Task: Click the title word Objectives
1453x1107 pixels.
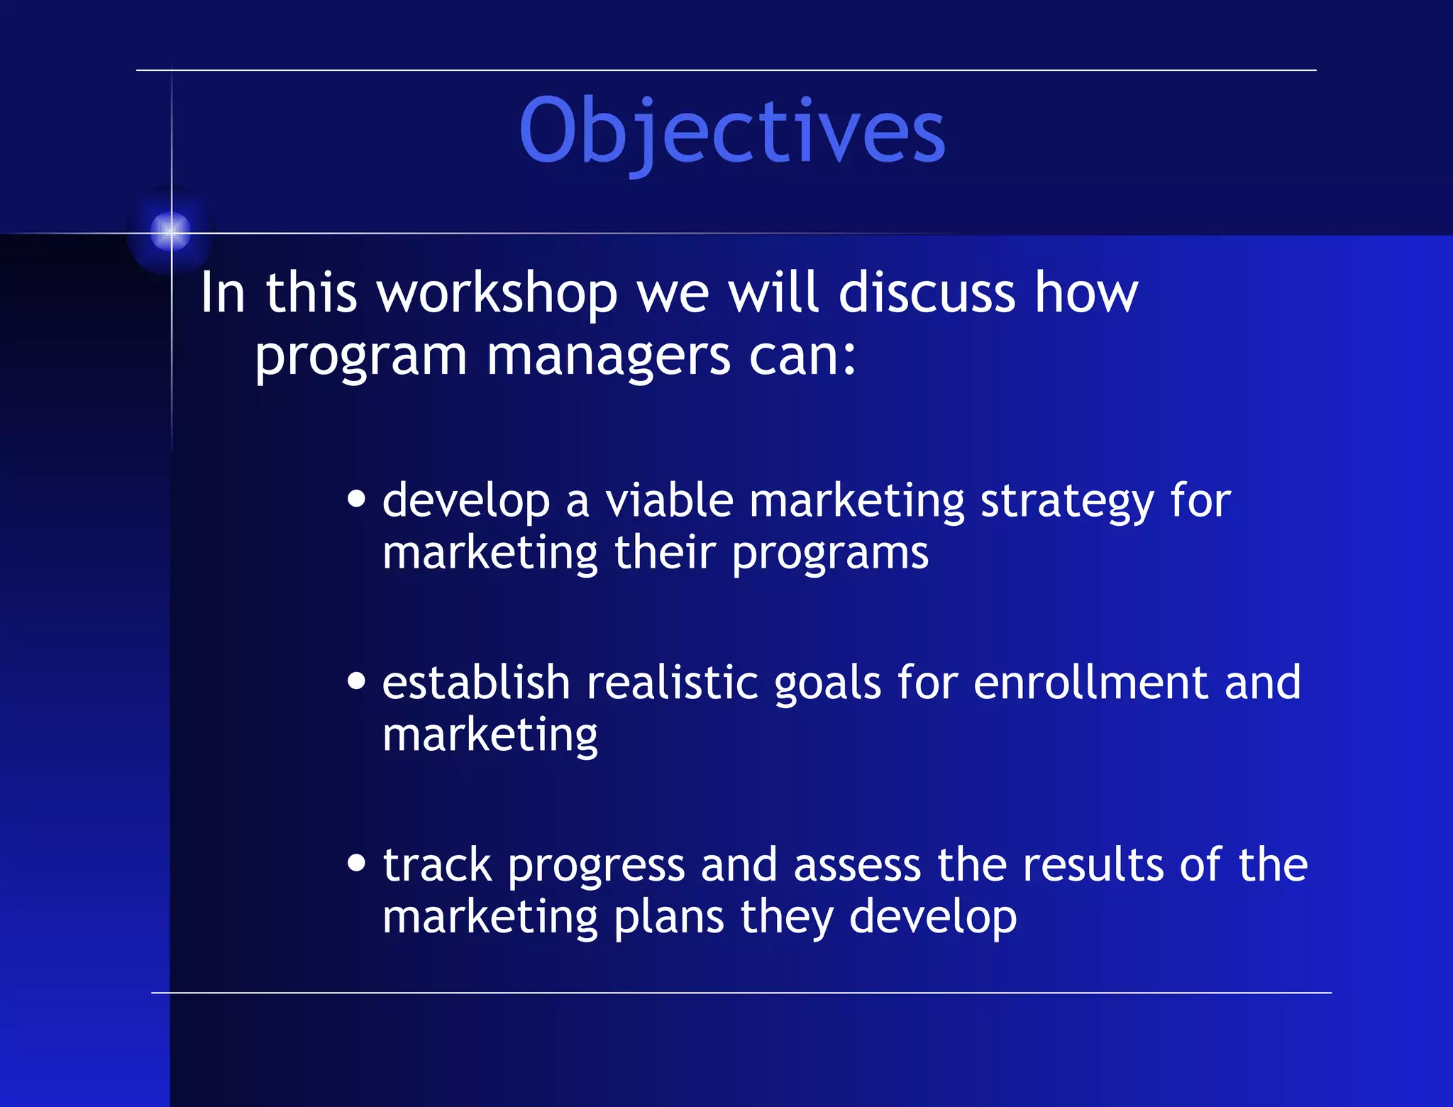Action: (x=732, y=131)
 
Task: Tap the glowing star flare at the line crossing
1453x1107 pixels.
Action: (x=171, y=231)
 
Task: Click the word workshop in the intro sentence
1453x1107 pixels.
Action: (x=497, y=293)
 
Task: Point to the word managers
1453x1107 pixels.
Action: (x=608, y=356)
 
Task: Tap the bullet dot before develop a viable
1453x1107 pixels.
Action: (x=357, y=499)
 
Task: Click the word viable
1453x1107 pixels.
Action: (x=669, y=501)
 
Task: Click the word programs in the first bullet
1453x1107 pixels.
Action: (x=830, y=554)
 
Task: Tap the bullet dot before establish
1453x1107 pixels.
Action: (x=357, y=681)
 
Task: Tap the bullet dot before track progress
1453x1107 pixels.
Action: (x=357, y=863)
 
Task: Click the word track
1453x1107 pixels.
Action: (x=437, y=866)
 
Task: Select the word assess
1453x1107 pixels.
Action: (x=857, y=866)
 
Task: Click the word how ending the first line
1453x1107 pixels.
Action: (x=1085, y=293)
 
